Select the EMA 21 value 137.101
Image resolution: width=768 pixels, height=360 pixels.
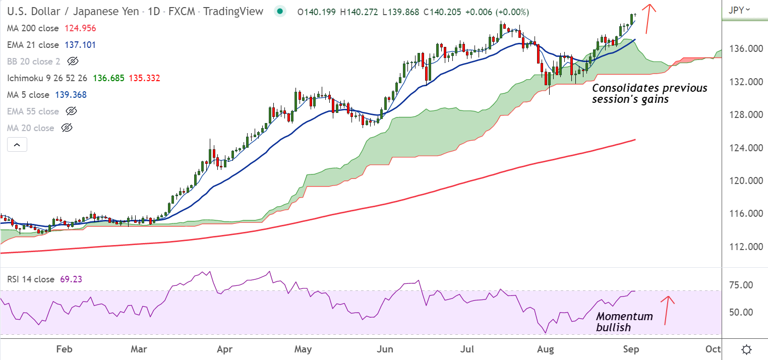pyautogui.click(x=80, y=45)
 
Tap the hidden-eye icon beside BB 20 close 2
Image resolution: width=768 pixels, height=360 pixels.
pyautogui.click(x=73, y=62)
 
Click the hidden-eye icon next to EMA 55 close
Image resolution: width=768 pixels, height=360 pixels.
pyautogui.click(x=71, y=111)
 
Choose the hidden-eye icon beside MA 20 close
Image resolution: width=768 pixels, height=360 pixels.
pyautogui.click(x=66, y=128)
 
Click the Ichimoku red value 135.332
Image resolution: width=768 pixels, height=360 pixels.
pyautogui.click(x=145, y=78)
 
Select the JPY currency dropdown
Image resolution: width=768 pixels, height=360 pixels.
pyautogui.click(x=740, y=9)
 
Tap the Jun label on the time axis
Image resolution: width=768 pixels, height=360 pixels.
pyautogui.click(x=385, y=349)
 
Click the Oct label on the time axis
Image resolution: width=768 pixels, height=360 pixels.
pyautogui.click(x=713, y=349)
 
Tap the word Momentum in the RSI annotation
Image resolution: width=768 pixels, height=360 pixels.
pyautogui.click(x=624, y=317)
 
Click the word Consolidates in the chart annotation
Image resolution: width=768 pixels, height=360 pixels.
pyautogui.click(x=624, y=88)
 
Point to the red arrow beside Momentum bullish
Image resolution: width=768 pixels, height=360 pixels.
pyautogui.click(x=668, y=309)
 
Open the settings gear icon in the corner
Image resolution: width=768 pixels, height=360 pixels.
pyautogui.click(x=747, y=349)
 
